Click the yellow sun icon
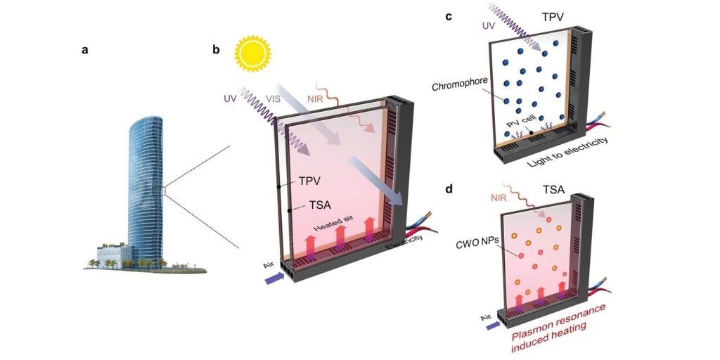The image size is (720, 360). [251, 55]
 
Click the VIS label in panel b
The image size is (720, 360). [276, 100]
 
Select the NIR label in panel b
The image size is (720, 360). [315, 100]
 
